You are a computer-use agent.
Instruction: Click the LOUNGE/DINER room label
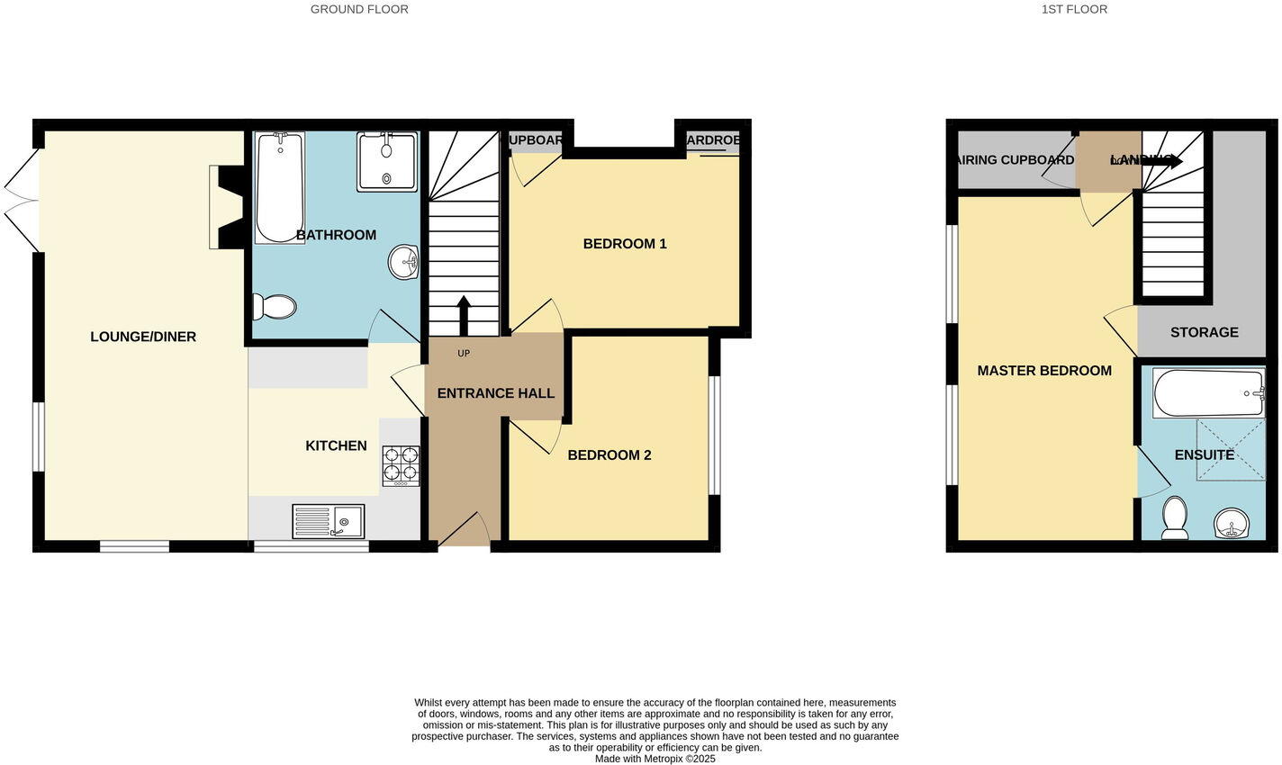(x=143, y=337)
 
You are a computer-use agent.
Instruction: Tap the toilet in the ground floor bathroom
(x=275, y=307)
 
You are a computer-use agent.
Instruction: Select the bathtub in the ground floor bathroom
(x=279, y=187)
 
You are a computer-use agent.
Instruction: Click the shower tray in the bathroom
(x=387, y=162)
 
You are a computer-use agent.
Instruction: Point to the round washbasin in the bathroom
(x=404, y=263)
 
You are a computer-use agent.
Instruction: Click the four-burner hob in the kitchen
(x=401, y=465)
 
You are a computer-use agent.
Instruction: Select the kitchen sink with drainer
(x=328, y=521)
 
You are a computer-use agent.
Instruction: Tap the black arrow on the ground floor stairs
(x=464, y=314)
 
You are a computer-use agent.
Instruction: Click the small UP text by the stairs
(x=464, y=354)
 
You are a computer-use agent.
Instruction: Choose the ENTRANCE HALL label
(x=495, y=393)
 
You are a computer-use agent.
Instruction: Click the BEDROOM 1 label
(x=625, y=244)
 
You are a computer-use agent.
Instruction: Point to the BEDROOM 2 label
(x=609, y=455)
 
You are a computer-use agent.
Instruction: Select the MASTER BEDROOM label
(x=1044, y=371)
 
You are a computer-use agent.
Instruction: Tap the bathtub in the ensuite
(x=1209, y=393)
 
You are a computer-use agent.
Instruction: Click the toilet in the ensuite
(x=1174, y=518)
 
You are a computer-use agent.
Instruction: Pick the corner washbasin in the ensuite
(x=1232, y=523)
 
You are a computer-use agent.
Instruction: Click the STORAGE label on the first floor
(x=1204, y=332)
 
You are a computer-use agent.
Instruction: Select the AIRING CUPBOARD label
(x=1015, y=160)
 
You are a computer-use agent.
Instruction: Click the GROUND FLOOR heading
(x=359, y=9)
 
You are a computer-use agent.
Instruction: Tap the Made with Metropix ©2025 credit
(x=655, y=759)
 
